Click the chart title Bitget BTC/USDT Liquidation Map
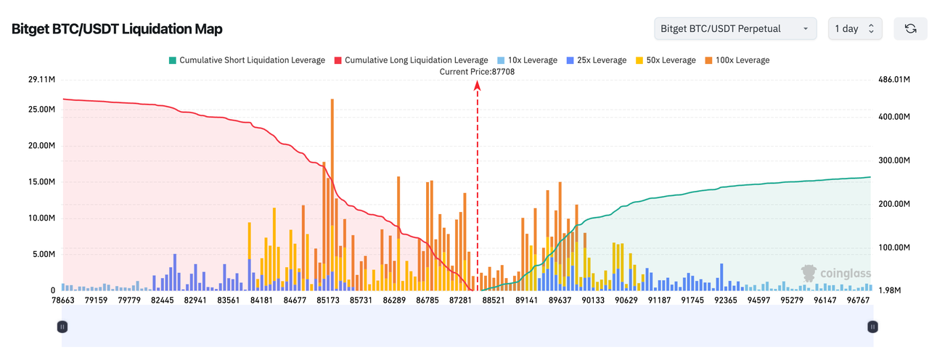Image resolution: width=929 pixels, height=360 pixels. (117, 29)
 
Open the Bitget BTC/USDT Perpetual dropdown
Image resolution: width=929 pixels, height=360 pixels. (734, 28)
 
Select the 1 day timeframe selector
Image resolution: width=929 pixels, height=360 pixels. (855, 28)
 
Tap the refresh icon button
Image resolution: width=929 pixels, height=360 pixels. (910, 28)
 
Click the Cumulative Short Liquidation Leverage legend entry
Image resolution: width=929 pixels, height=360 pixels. (247, 60)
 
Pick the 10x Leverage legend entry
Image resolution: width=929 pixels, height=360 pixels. (528, 60)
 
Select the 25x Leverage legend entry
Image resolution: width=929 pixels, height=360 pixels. (597, 60)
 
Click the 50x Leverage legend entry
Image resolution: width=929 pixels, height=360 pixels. (666, 60)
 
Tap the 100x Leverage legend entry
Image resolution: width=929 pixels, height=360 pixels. (737, 60)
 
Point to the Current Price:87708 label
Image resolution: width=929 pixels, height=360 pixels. (477, 72)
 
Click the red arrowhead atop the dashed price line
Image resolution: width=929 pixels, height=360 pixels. (478, 86)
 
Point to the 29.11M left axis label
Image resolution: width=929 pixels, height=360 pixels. (41, 79)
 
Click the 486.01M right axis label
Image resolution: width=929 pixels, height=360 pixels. (895, 79)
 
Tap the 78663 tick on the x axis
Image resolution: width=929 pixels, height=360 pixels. (62, 300)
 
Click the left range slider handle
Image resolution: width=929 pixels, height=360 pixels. (62, 327)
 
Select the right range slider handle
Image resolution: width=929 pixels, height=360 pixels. (872, 327)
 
